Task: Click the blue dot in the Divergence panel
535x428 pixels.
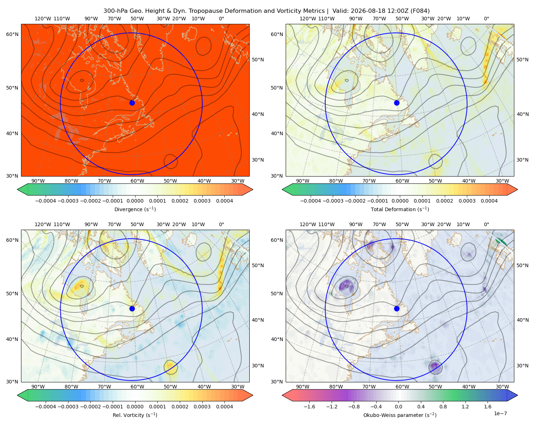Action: (x=132, y=103)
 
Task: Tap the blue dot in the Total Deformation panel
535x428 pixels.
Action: (x=397, y=103)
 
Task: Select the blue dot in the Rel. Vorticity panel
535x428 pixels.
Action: (x=132, y=309)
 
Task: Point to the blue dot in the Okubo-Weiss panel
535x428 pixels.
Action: (x=397, y=309)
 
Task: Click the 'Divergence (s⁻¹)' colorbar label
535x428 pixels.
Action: (x=135, y=209)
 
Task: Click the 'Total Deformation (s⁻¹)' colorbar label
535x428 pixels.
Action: (x=400, y=209)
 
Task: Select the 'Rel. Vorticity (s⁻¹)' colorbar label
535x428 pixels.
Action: (x=135, y=415)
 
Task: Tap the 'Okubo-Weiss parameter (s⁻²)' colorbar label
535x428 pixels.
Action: (x=400, y=415)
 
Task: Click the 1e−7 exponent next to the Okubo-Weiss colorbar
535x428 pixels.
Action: (x=500, y=413)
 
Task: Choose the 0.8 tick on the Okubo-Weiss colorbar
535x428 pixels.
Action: (x=443, y=406)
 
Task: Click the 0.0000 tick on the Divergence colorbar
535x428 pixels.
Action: (x=135, y=201)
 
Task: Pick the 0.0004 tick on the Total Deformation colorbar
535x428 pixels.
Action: (x=489, y=201)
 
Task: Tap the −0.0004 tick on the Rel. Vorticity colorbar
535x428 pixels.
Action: (x=46, y=406)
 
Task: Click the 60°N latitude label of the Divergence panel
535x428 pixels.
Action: (x=12, y=34)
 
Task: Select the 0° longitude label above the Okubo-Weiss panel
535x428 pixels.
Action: (x=486, y=224)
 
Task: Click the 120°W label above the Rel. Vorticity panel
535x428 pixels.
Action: (x=43, y=224)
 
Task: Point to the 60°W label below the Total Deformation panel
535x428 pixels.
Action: (x=402, y=181)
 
